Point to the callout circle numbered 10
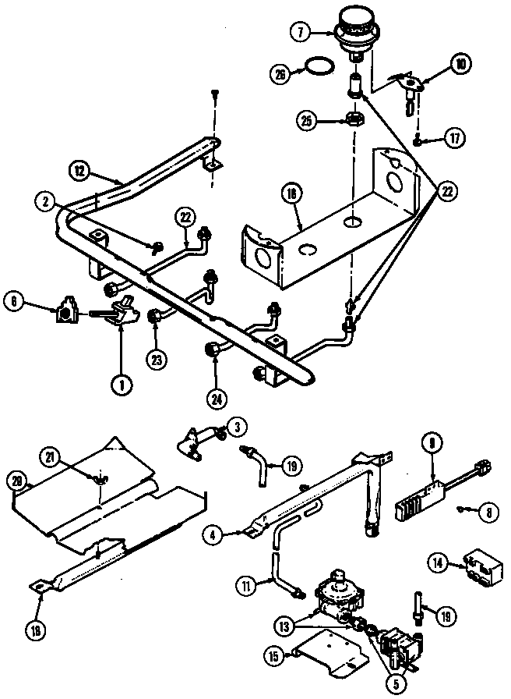(460, 65)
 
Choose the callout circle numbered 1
(120, 384)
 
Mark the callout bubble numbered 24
(217, 398)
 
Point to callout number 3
(236, 426)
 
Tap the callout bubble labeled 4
(211, 535)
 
